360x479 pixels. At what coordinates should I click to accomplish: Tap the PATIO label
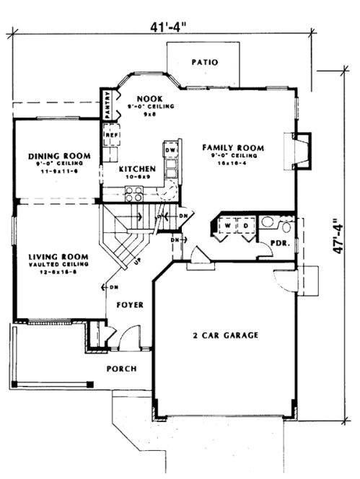tap(204, 63)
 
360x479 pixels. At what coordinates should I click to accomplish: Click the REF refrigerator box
tap(112, 135)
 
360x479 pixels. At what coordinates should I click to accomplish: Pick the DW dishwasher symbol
tap(170, 150)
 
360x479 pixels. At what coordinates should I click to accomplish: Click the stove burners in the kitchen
tap(134, 193)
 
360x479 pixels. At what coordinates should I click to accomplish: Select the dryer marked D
tap(244, 225)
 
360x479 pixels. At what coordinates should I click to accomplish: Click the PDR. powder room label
tap(278, 243)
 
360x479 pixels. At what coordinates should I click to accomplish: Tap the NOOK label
tap(149, 98)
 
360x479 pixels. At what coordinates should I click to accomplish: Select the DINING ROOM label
tap(59, 156)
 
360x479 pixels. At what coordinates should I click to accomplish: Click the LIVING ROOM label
tap(58, 257)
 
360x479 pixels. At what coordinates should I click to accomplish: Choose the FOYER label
tap(130, 305)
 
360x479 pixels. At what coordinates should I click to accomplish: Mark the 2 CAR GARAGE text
tap(226, 335)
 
